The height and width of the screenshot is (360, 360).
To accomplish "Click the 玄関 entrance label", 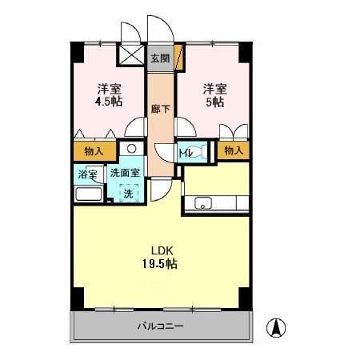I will coord(160,58).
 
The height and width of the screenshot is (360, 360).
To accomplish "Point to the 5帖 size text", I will coord(214,102).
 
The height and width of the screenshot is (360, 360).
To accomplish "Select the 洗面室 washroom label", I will coord(125,172).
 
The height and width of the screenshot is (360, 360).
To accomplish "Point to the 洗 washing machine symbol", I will coord(129,193).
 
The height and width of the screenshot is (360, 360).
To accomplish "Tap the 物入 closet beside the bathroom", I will coord(94,150).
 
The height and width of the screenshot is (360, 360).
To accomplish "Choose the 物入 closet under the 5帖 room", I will coord(233,150).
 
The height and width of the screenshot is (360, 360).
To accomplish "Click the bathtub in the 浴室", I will coord(87,194).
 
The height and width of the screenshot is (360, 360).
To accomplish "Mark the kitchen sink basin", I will coord(202,202).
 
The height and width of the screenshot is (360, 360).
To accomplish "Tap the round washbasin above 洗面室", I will coord(131,149).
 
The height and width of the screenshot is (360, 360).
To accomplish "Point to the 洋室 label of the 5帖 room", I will coord(214,88).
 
